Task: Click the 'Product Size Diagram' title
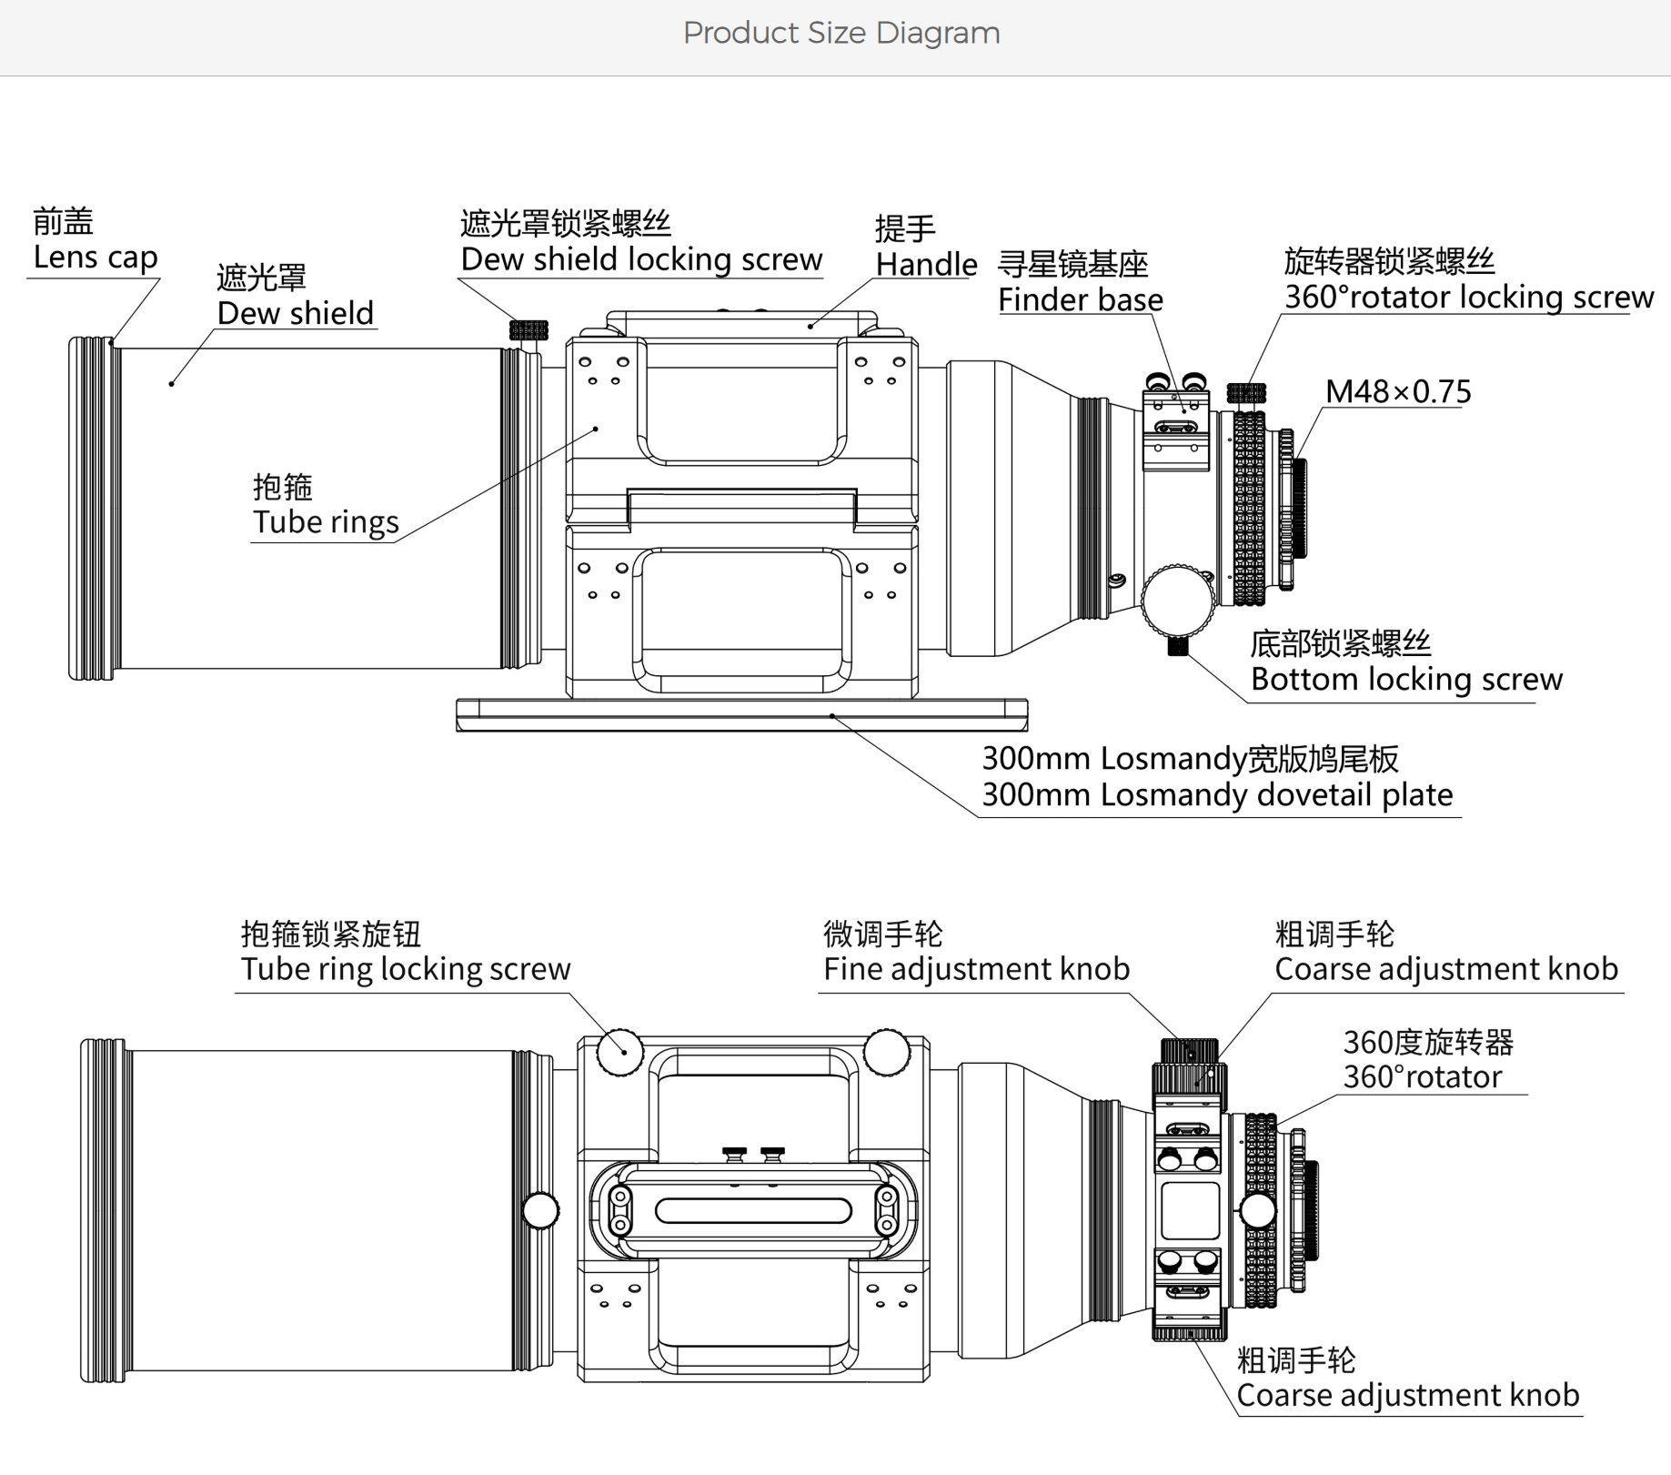[841, 34]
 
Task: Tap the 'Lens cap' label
[96, 258]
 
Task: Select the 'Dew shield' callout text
[295, 313]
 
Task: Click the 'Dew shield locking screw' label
[641, 259]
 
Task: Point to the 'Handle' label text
[926, 265]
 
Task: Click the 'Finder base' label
[1081, 299]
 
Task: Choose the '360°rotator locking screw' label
[1468, 297]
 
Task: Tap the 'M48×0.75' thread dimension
[1397, 392]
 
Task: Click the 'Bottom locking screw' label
[1406, 679]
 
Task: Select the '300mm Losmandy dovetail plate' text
[1217, 794]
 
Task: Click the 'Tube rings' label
[326, 522]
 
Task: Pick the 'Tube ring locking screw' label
[406, 969]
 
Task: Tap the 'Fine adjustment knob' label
[976, 969]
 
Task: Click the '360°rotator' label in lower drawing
[1423, 1077]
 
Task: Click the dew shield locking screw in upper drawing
[528, 329]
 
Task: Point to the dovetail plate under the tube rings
[741, 714]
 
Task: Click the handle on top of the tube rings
[741, 324]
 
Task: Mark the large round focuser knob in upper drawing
[1178, 600]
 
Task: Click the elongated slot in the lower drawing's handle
[753, 1211]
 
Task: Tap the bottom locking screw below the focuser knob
[1178, 646]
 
